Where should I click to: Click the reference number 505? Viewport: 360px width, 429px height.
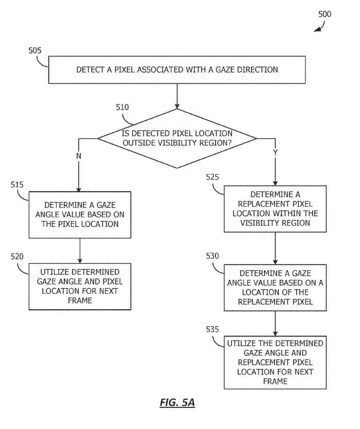pos(35,51)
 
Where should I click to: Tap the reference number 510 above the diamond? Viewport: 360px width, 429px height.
pos(122,107)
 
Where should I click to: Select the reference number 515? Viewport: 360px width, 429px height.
pos(17,184)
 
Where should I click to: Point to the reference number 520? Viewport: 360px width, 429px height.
pos(17,257)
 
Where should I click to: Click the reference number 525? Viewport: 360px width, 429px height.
pos(212,177)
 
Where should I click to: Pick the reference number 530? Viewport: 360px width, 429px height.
pos(212,256)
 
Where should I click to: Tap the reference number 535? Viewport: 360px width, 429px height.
pos(212,329)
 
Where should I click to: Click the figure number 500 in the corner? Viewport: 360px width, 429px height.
pos(325,14)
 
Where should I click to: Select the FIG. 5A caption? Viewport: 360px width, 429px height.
pos(177,402)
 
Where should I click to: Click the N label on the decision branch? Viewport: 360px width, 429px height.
pos(79,156)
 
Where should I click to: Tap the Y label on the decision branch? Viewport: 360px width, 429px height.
pos(275,152)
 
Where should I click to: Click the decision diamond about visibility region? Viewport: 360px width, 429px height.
pos(177,138)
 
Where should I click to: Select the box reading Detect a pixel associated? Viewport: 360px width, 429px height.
pos(177,70)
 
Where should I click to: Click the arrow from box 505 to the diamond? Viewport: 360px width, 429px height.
pos(177,96)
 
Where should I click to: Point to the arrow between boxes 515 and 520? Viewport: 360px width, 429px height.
pos(80,251)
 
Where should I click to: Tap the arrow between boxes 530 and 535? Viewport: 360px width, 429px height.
pos(275,324)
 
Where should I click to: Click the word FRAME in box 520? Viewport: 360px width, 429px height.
pos(80,301)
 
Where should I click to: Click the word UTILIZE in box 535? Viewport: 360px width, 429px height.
pos(240,343)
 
